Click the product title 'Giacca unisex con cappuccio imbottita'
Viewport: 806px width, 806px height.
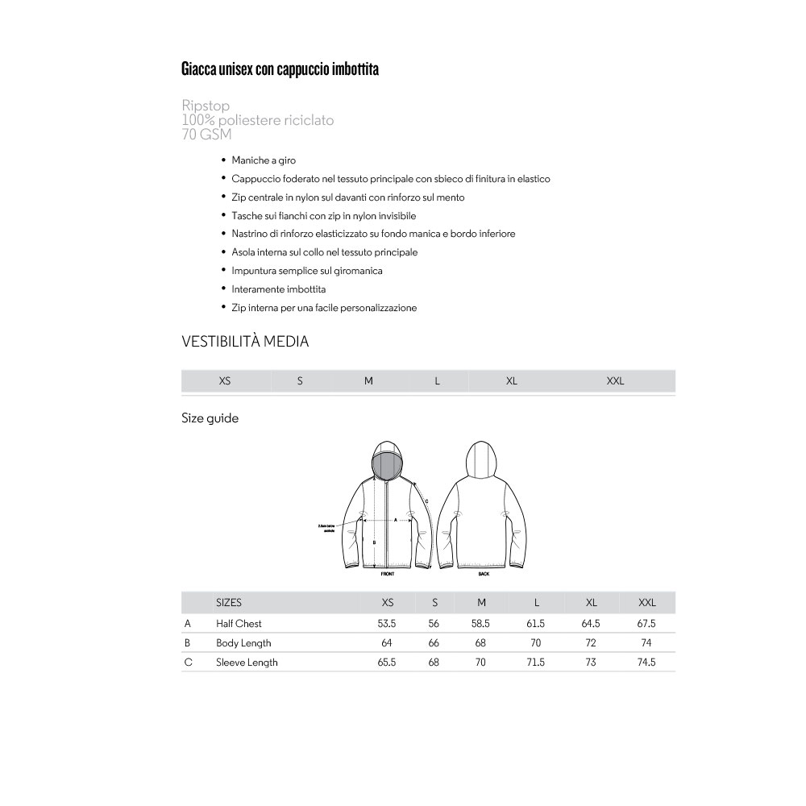click(280, 69)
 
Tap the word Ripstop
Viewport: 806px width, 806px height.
click(206, 106)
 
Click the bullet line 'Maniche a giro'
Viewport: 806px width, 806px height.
click(264, 160)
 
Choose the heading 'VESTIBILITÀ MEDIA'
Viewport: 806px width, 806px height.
click(245, 342)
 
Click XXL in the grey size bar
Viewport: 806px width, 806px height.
click(615, 381)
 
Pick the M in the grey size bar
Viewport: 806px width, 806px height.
click(368, 381)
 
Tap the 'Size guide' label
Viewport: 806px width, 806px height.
click(210, 418)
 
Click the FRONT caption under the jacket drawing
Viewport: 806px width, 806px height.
click(388, 574)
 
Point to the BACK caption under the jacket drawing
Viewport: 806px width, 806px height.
click(484, 574)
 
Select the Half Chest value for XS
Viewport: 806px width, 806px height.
click(387, 623)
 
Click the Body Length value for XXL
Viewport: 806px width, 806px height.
click(646, 642)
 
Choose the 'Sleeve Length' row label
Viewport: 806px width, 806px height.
click(247, 662)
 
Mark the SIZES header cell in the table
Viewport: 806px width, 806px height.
click(229, 602)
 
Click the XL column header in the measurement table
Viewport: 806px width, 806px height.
click(592, 602)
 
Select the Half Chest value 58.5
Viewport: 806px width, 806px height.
click(481, 623)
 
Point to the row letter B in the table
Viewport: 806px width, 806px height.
click(188, 642)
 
